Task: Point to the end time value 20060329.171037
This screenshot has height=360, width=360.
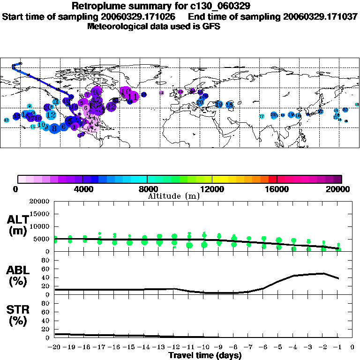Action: [321, 16]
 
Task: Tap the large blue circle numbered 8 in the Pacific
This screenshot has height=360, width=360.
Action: [54, 127]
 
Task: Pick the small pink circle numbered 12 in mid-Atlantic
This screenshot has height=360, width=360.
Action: [161, 93]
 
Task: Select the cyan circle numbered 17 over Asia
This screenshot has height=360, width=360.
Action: [262, 116]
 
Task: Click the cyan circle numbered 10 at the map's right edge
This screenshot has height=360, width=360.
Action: [357, 105]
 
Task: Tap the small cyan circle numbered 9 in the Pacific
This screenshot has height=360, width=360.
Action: [29, 106]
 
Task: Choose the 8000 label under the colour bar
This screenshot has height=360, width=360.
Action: [147, 189]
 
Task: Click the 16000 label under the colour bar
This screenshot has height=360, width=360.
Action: [277, 189]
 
